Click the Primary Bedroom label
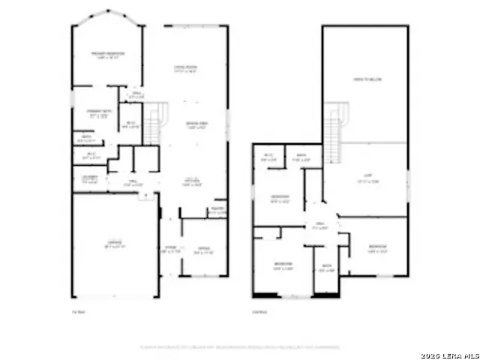pyautogui.click(x=107, y=55)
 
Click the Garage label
pyautogui.click(x=114, y=244)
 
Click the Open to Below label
pyautogui.click(x=364, y=79)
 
